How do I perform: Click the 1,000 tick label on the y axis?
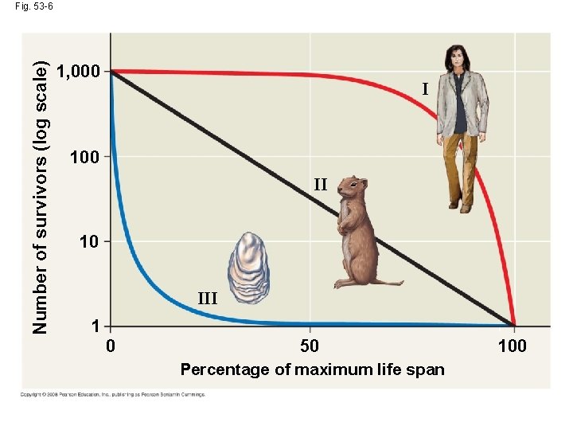[x=80, y=72]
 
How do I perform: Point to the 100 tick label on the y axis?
[x=85, y=157]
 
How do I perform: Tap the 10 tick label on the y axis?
[x=89, y=241]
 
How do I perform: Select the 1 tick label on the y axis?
[x=95, y=326]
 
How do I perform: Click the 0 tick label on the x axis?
[x=111, y=346]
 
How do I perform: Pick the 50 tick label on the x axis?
[x=310, y=346]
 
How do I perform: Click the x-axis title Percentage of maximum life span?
[x=312, y=369]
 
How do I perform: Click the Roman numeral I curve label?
[x=425, y=89]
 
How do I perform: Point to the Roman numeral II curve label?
[x=320, y=186]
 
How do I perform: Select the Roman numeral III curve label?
[x=207, y=299]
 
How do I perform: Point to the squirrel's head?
[x=351, y=188]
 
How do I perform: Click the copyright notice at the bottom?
[x=113, y=394]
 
